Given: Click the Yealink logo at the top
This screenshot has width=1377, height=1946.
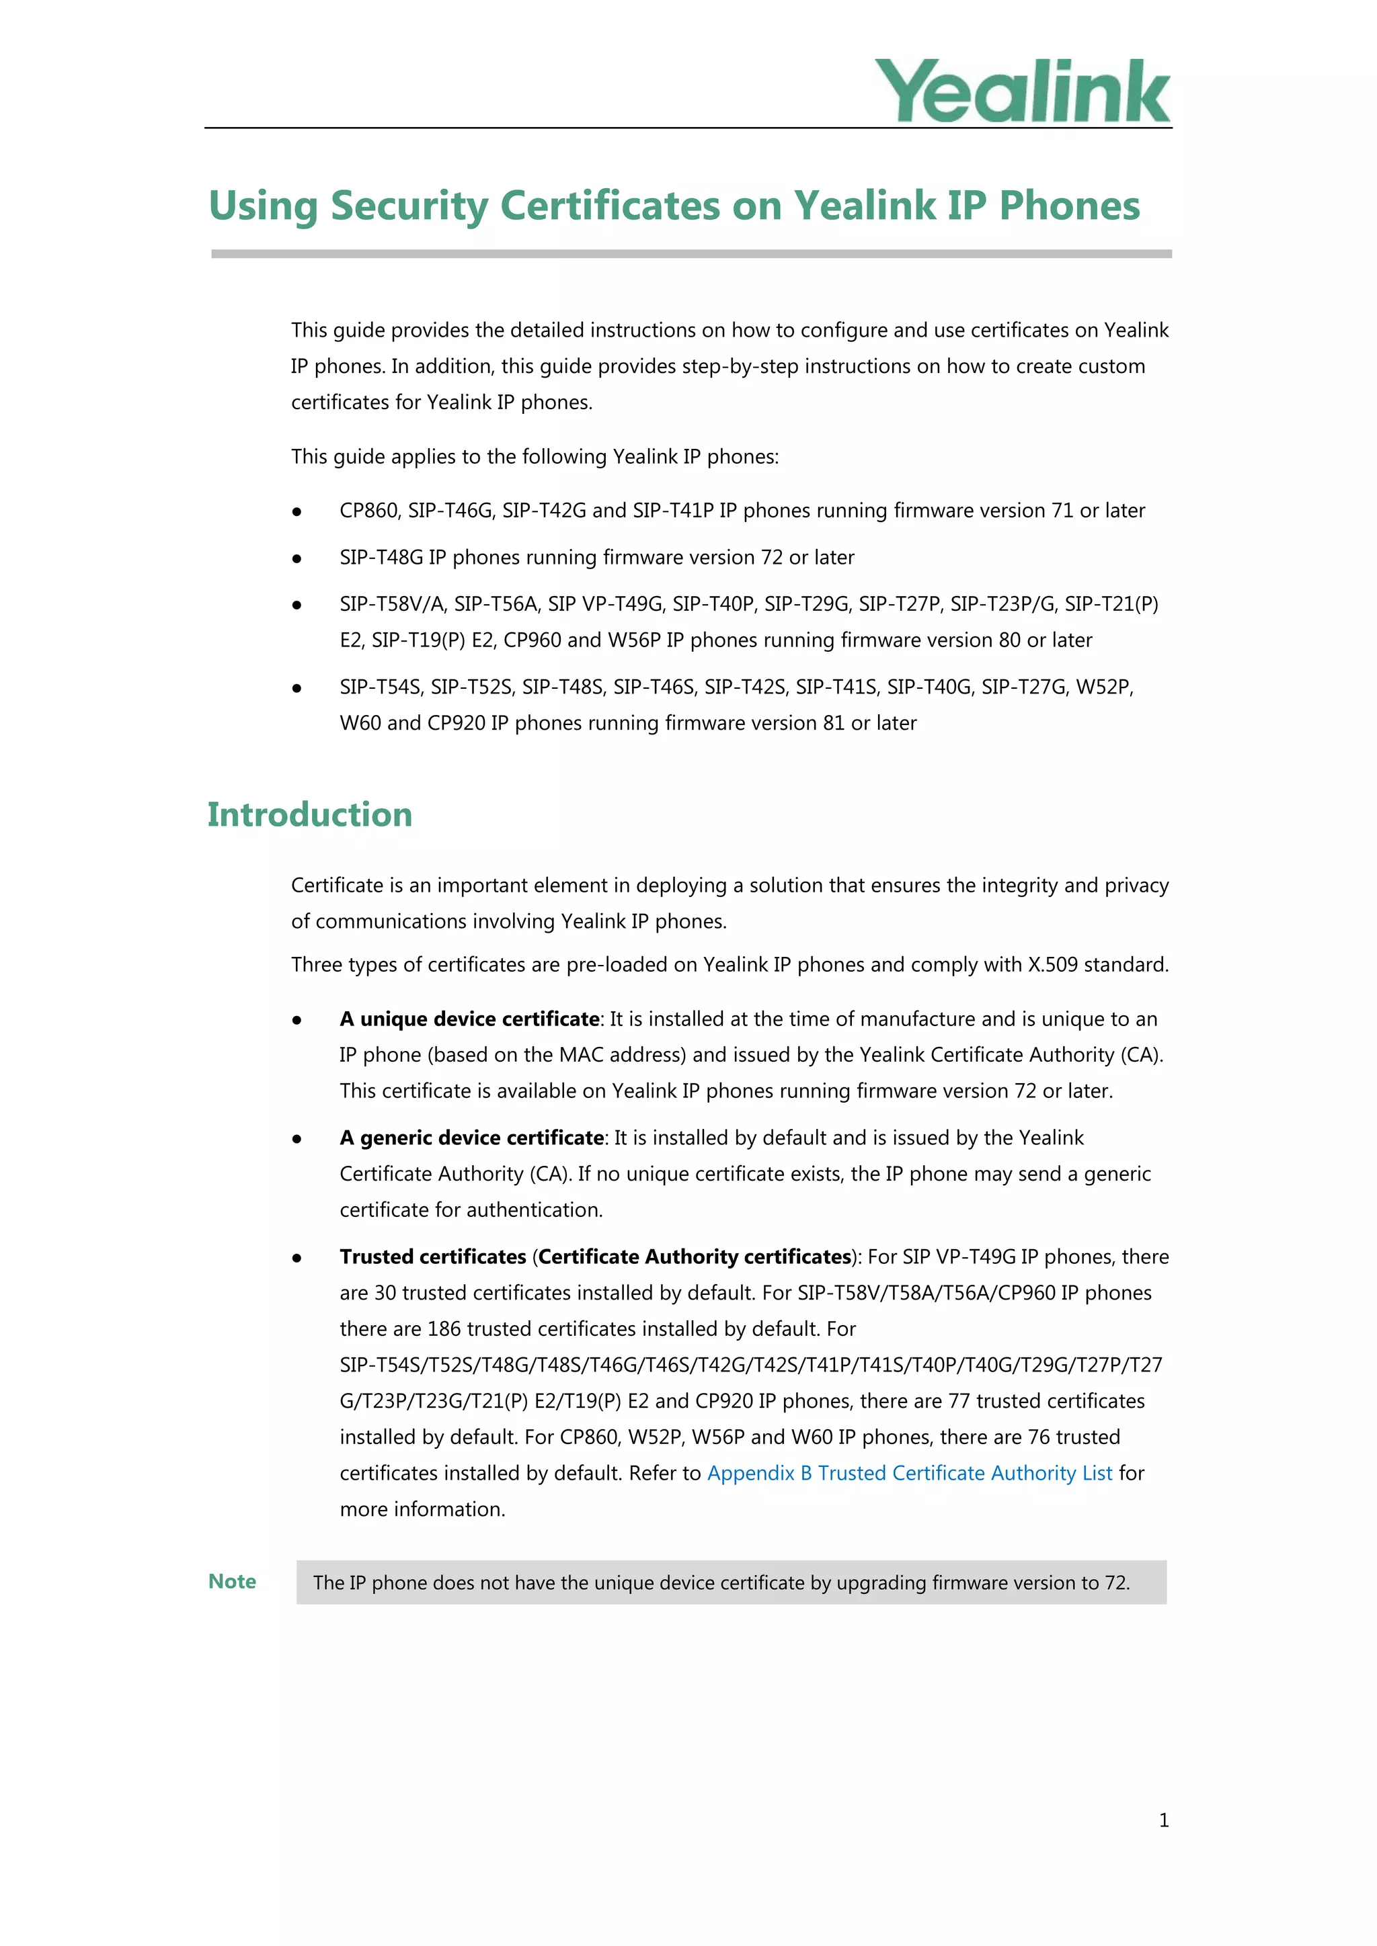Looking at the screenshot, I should click(1022, 91).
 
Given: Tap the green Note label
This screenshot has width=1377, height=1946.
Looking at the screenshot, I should click(233, 1582).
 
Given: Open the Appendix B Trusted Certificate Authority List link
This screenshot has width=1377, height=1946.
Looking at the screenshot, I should click(909, 1473).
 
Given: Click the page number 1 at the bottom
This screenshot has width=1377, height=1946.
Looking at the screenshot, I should click(1163, 1820).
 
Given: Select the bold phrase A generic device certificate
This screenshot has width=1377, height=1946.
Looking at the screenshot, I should click(471, 1138).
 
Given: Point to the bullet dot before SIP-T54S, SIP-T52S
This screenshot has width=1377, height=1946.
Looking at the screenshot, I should click(297, 688).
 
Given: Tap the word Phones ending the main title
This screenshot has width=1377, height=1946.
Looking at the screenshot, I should click(1069, 206).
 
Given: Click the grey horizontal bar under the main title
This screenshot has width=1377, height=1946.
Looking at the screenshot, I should click(691, 253).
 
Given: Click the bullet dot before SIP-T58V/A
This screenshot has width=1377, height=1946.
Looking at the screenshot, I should click(297, 605).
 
